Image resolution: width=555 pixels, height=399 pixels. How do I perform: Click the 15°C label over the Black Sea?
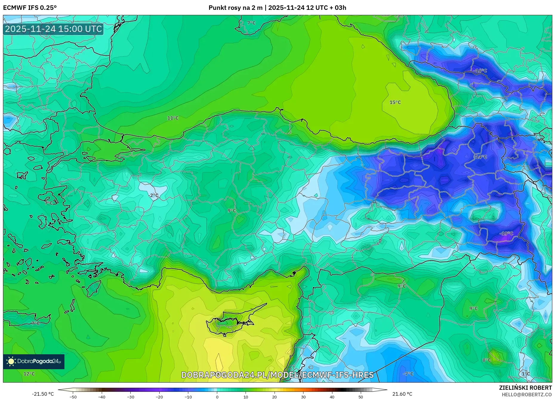(x=395, y=102)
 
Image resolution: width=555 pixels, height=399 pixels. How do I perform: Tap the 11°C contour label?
(x=173, y=118)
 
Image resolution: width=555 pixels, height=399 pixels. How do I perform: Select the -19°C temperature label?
(x=506, y=233)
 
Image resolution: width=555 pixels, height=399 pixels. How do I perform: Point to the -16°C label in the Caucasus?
(x=480, y=71)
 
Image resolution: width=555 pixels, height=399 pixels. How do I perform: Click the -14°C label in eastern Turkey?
(x=480, y=157)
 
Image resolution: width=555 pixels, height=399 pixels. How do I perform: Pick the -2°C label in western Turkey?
(x=153, y=195)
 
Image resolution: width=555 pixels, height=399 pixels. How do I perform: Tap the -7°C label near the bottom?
(x=408, y=374)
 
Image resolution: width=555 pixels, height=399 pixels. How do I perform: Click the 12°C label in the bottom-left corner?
(x=29, y=374)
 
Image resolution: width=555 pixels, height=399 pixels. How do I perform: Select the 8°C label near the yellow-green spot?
(x=486, y=360)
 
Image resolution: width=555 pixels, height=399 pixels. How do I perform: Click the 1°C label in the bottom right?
(x=526, y=374)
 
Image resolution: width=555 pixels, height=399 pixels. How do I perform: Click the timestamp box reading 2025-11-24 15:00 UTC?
(x=53, y=29)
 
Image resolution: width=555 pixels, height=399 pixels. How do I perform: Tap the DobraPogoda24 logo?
(x=34, y=361)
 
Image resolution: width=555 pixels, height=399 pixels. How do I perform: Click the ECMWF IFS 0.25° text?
(x=30, y=7)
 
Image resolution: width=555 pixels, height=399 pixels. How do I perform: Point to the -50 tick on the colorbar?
(x=73, y=397)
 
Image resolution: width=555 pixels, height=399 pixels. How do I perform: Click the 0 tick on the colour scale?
(x=217, y=397)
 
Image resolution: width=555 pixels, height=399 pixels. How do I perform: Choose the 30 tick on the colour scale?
(x=303, y=397)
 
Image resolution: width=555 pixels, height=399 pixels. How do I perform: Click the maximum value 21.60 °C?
(x=402, y=394)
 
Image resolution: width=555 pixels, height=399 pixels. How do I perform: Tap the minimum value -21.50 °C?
(x=43, y=394)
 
